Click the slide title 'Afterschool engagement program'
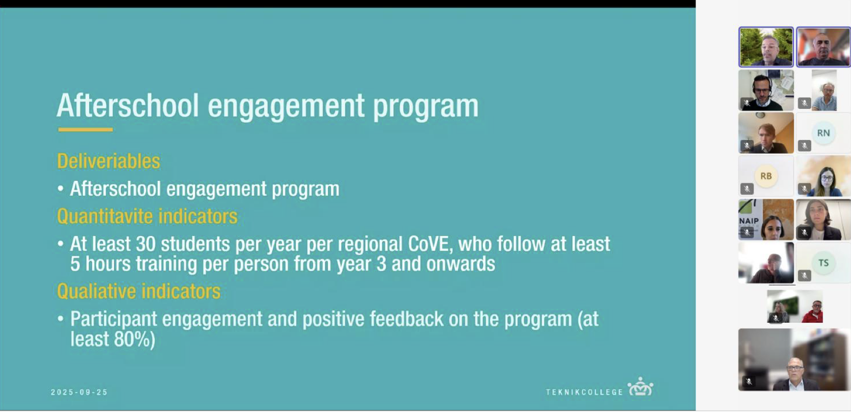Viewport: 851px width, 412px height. (x=267, y=106)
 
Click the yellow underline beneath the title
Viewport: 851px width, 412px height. (x=85, y=130)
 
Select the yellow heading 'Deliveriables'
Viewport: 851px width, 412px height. (x=108, y=161)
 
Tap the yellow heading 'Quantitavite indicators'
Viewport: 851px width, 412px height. (x=147, y=216)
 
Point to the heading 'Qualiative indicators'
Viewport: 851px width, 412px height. (x=139, y=291)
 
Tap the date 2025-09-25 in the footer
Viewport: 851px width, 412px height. (x=79, y=392)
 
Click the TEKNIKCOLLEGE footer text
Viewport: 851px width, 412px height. (x=585, y=392)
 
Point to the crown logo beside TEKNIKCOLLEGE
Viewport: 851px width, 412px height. (x=640, y=387)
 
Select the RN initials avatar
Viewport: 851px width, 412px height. (x=823, y=133)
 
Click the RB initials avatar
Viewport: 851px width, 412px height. (x=766, y=176)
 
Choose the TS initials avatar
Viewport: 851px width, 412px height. (x=823, y=263)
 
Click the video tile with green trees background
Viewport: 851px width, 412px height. (x=766, y=47)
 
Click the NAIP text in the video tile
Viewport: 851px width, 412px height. (x=749, y=221)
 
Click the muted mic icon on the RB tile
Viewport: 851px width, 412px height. (x=747, y=189)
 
